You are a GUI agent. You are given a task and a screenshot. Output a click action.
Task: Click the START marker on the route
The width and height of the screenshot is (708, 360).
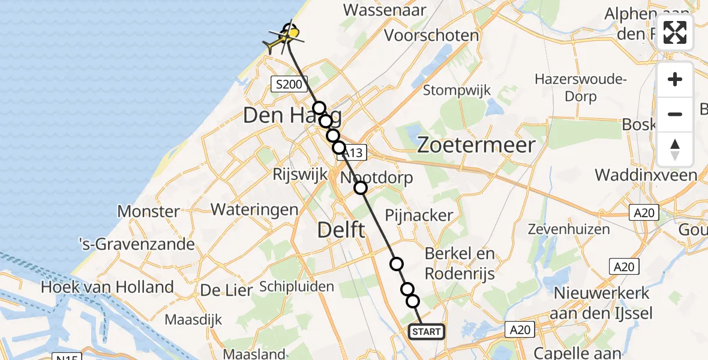click(427, 331)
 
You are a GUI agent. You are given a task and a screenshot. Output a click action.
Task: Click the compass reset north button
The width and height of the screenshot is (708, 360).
click(675, 149)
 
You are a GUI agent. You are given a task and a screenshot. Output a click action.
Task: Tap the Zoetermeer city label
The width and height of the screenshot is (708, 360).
click(476, 145)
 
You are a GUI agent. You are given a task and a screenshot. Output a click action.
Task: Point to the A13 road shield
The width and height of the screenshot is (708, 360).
click(353, 154)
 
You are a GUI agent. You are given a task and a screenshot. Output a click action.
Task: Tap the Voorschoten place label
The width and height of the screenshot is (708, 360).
click(431, 35)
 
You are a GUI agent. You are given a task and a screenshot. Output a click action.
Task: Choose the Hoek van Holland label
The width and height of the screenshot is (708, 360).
click(107, 287)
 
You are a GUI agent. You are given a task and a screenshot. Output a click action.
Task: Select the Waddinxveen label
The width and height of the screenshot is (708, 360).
click(646, 175)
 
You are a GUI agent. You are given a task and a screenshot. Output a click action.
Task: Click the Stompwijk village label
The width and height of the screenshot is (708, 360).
click(457, 91)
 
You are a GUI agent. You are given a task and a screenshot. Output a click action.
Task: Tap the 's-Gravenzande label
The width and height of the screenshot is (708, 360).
click(137, 244)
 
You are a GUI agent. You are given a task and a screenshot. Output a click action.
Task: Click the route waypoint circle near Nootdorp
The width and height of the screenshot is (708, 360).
click(360, 188)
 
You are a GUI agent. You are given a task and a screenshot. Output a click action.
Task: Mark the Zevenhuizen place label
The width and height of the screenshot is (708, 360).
click(569, 229)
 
